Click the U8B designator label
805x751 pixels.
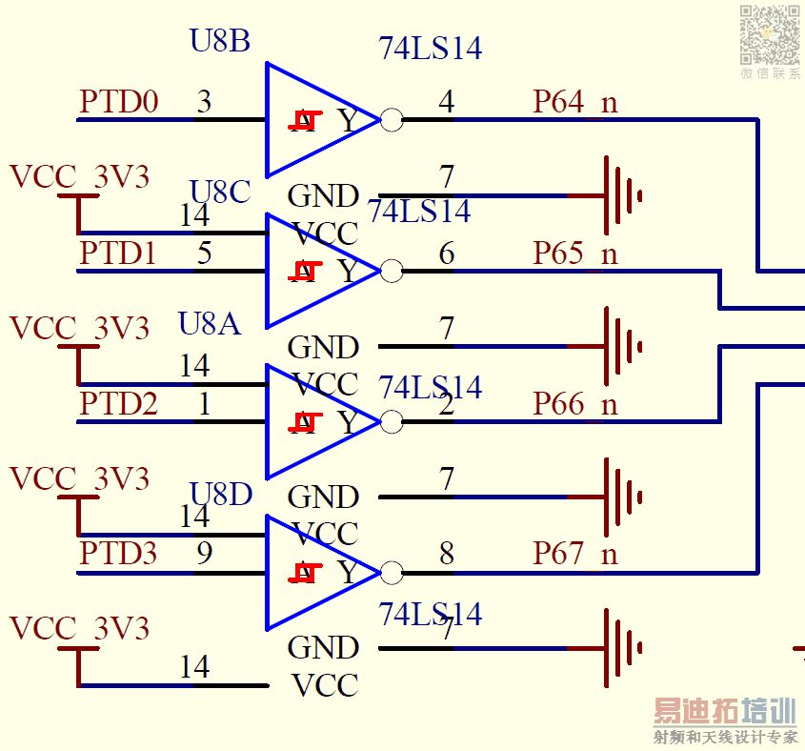click(220, 41)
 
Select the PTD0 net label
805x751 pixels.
click(119, 101)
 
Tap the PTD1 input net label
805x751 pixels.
click(119, 253)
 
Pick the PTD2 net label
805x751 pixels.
click(119, 403)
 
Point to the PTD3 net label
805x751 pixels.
click(119, 553)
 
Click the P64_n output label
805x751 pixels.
click(575, 101)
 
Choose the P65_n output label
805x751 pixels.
click(575, 253)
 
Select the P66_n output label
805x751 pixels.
click(575, 403)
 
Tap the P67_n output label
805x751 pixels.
click(575, 553)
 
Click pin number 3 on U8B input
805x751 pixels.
click(204, 101)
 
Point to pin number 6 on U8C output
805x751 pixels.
click(447, 253)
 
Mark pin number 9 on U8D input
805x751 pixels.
click(204, 553)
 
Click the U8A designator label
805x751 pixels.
click(210, 323)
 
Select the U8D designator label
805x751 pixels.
click(221, 494)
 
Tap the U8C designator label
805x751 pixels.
click(220, 192)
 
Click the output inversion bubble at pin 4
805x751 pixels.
click(391, 120)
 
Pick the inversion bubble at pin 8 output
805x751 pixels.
click(391, 573)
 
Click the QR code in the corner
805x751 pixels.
click(770, 33)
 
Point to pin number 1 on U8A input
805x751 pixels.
click(204, 403)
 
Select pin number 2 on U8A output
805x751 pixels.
click(447, 404)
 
